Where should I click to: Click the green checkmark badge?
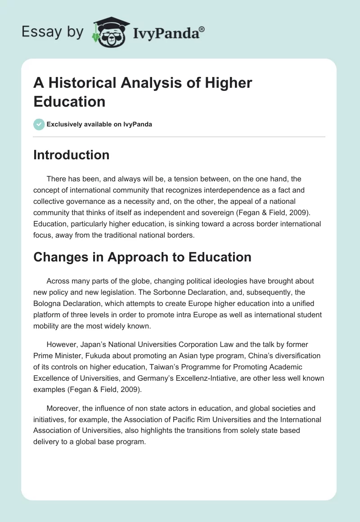point(39,124)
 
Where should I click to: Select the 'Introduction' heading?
point(72,155)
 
